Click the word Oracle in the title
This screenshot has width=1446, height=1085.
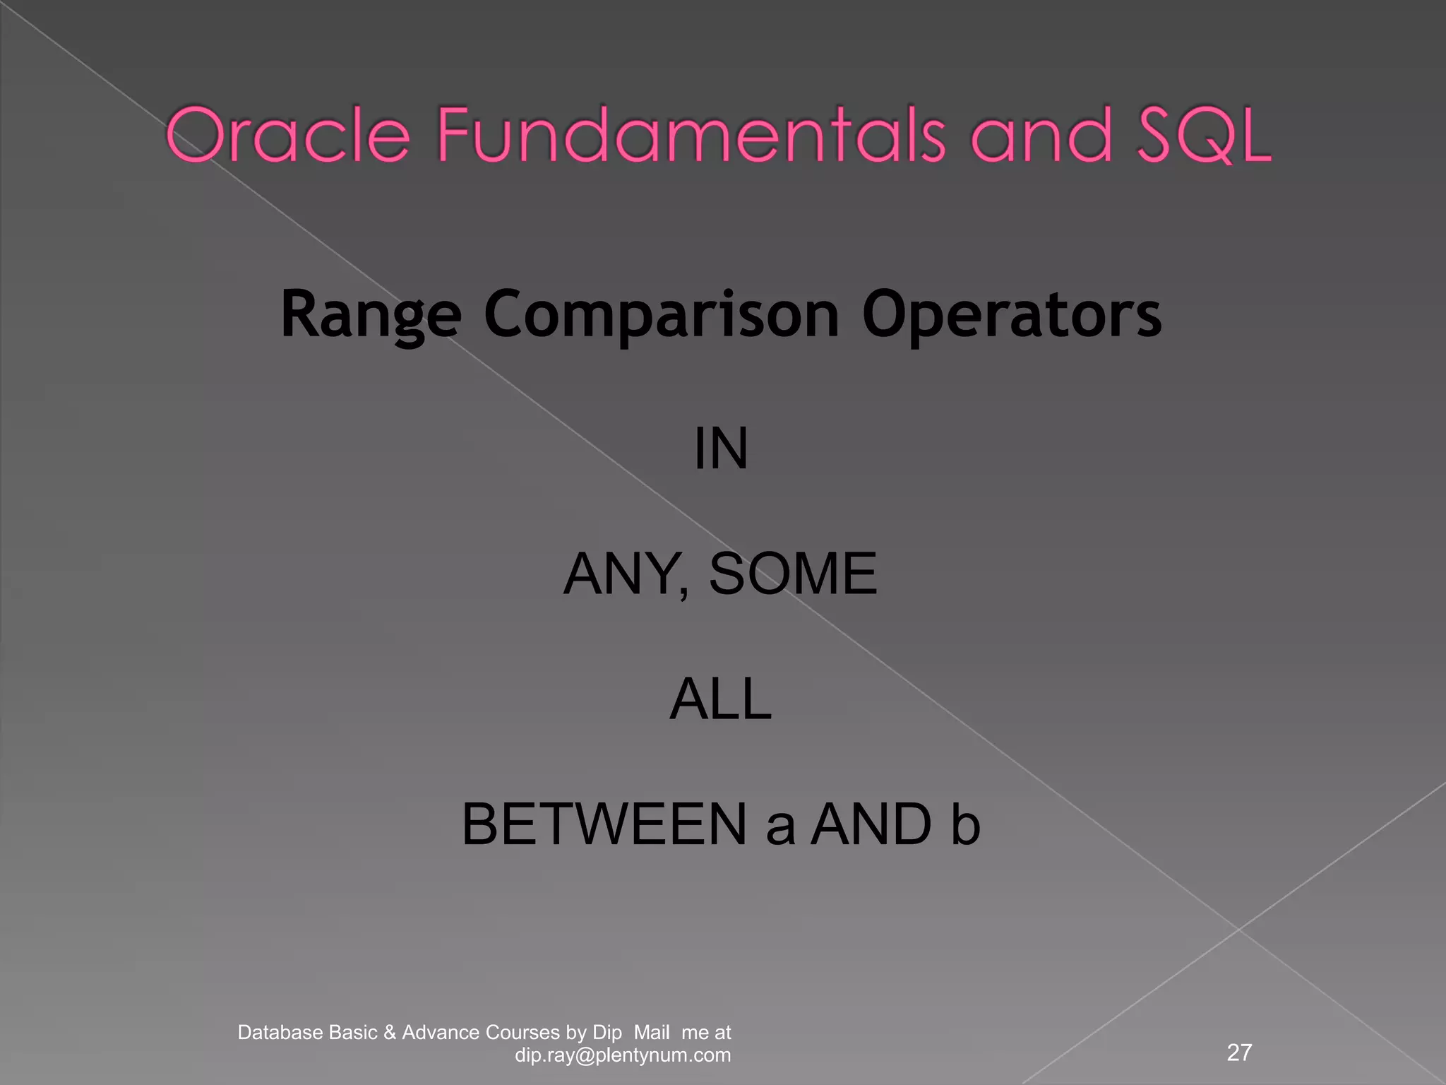coord(287,135)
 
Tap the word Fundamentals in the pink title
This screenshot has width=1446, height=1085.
coord(691,135)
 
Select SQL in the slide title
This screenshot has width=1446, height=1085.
coord(1203,135)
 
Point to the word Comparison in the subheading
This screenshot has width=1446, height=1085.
coord(662,315)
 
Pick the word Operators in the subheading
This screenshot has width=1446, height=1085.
coord(1011,315)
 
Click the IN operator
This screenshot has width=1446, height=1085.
coord(721,449)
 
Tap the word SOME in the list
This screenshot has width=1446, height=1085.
coord(792,574)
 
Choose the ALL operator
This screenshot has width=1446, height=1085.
coord(721,699)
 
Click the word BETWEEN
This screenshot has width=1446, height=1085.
coord(604,824)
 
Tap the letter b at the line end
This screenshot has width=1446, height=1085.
coord(965,824)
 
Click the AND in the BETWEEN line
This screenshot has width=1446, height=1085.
coord(871,824)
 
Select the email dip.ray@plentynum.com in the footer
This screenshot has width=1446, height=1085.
coord(623,1055)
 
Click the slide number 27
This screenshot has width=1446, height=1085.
coord(1240,1053)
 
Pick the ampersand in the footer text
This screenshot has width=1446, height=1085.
coord(389,1033)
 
